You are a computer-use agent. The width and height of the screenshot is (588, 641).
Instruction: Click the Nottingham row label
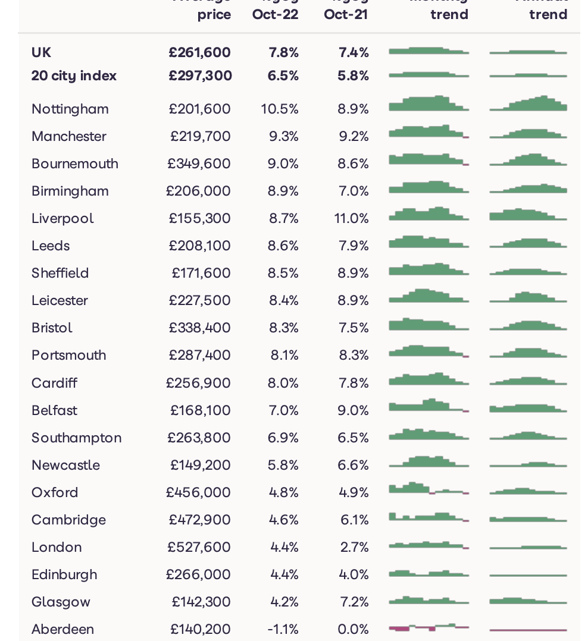pyautogui.click(x=70, y=109)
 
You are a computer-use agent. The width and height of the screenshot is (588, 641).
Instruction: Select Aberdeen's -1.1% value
pyautogui.click(x=283, y=629)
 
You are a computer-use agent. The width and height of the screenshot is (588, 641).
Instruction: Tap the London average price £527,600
pyautogui.click(x=199, y=547)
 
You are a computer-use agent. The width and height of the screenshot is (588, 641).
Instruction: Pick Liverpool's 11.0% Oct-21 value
pyautogui.click(x=352, y=218)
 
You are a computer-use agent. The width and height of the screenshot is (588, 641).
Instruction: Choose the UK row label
pyautogui.click(x=42, y=52)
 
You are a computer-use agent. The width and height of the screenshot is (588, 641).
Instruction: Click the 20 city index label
pyautogui.click(x=74, y=76)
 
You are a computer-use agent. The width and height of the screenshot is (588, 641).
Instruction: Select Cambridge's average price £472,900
pyautogui.click(x=200, y=520)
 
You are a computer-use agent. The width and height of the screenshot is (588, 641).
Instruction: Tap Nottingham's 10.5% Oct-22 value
pyautogui.click(x=280, y=109)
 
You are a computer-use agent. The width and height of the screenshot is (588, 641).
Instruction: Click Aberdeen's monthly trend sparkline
pyautogui.click(x=429, y=627)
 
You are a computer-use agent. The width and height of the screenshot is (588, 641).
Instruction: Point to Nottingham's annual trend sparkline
pyautogui.click(x=528, y=104)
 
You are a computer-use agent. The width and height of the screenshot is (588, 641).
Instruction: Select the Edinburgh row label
pyautogui.click(x=64, y=574)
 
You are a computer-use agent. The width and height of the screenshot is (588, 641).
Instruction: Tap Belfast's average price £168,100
pyautogui.click(x=201, y=410)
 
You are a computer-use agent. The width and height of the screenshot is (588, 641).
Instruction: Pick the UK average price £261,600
pyautogui.click(x=199, y=52)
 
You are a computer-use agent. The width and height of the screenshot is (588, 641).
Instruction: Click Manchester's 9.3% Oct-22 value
pyautogui.click(x=283, y=136)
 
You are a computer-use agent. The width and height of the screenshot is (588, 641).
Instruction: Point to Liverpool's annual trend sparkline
pyautogui.click(x=528, y=215)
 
